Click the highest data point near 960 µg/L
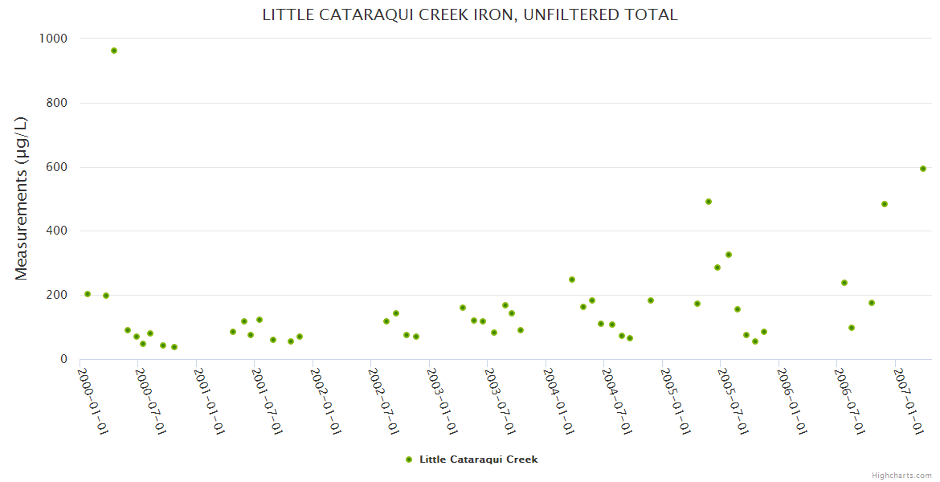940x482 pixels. coord(114,51)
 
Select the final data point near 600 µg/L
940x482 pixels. coord(923,169)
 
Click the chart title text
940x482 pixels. coord(470,14)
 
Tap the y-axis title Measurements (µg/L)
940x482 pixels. coord(22,198)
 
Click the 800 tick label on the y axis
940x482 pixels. coord(55,103)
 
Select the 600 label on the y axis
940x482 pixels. coord(55,167)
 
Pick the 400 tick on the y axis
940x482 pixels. coord(55,231)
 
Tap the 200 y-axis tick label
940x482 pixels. coord(55,295)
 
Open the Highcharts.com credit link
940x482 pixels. coord(901,476)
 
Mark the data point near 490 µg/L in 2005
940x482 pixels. coord(709,202)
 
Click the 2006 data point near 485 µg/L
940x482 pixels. coord(885,204)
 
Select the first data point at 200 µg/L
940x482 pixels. coord(88,294)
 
